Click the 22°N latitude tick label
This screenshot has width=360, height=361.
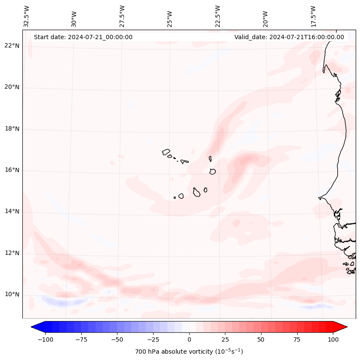point(12,46)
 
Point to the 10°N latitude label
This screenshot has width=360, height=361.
point(12,295)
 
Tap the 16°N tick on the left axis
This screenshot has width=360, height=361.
point(12,170)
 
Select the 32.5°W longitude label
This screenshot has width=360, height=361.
point(27,16)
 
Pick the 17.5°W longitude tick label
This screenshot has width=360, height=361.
point(313,16)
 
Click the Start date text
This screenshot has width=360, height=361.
point(83,37)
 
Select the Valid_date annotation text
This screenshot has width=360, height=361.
point(289,37)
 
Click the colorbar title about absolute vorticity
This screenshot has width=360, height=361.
point(189,352)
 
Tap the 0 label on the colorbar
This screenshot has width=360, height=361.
point(189,339)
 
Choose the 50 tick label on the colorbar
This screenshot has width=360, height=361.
point(261,339)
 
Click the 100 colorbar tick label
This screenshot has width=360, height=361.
point(332,339)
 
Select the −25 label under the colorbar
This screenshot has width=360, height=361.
point(153,339)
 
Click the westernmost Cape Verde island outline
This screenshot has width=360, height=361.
point(166,152)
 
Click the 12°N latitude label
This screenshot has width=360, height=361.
point(12,253)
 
